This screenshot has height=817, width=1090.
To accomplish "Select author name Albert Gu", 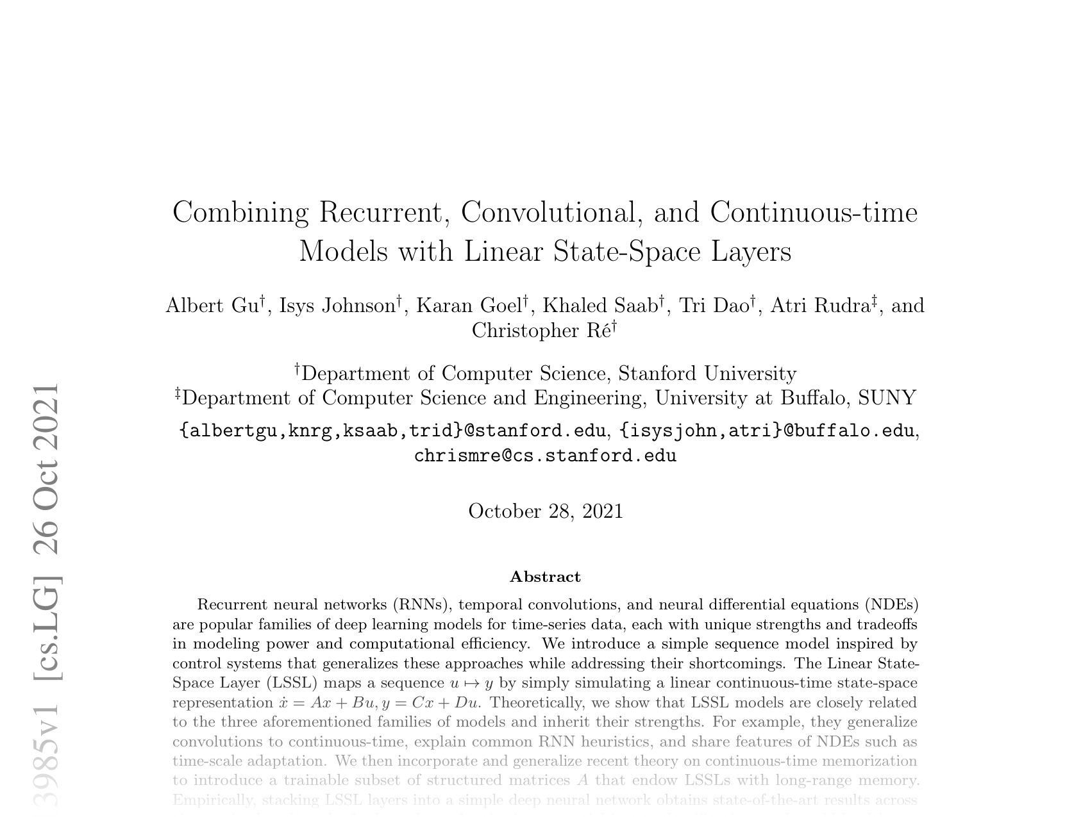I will (x=212, y=306).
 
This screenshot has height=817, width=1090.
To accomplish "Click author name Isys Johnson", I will (x=337, y=306).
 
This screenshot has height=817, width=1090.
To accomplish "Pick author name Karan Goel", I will (x=469, y=306).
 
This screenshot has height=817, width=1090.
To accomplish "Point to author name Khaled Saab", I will (x=600, y=306).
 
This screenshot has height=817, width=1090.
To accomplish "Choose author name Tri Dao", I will (x=715, y=306).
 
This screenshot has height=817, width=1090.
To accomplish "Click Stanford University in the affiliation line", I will (x=707, y=374).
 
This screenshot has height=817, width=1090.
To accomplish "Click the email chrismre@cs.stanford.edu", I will (x=545, y=456).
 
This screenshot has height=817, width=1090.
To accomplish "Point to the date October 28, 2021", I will (x=546, y=511).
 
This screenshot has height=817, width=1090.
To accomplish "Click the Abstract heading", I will (x=545, y=577).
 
